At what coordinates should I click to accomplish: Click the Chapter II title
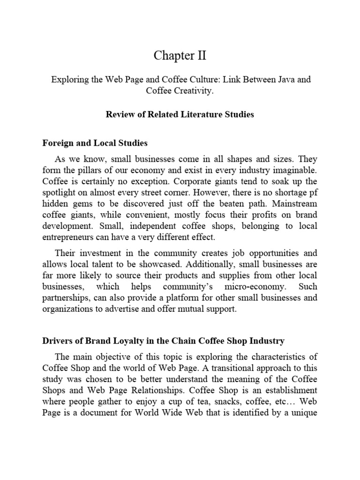tap(180, 56)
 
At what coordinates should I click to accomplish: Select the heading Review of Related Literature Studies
tap(180, 114)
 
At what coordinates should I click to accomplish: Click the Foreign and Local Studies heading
tap(95, 142)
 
